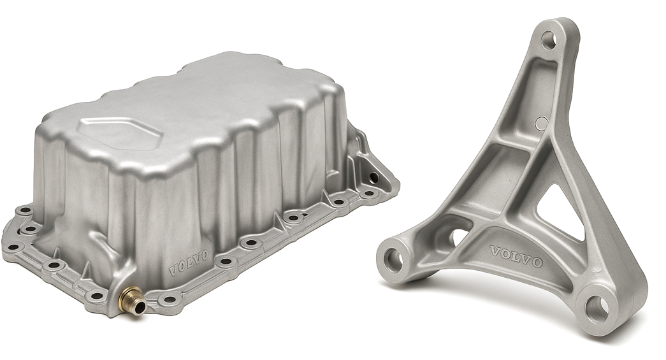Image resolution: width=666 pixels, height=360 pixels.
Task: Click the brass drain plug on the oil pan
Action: [x=132, y=299]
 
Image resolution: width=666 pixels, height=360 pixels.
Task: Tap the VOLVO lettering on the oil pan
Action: [x=189, y=263]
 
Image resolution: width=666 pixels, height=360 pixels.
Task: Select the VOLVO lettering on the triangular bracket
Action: [x=516, y=256]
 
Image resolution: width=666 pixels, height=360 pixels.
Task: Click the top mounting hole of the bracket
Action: [x=549, y=40]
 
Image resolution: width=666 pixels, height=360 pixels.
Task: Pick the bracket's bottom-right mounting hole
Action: [x=597, y=308]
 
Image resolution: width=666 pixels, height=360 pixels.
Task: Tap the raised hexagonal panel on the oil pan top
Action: [x=121, y=133]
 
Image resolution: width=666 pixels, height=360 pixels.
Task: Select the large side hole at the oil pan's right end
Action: [x=373, y=176]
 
